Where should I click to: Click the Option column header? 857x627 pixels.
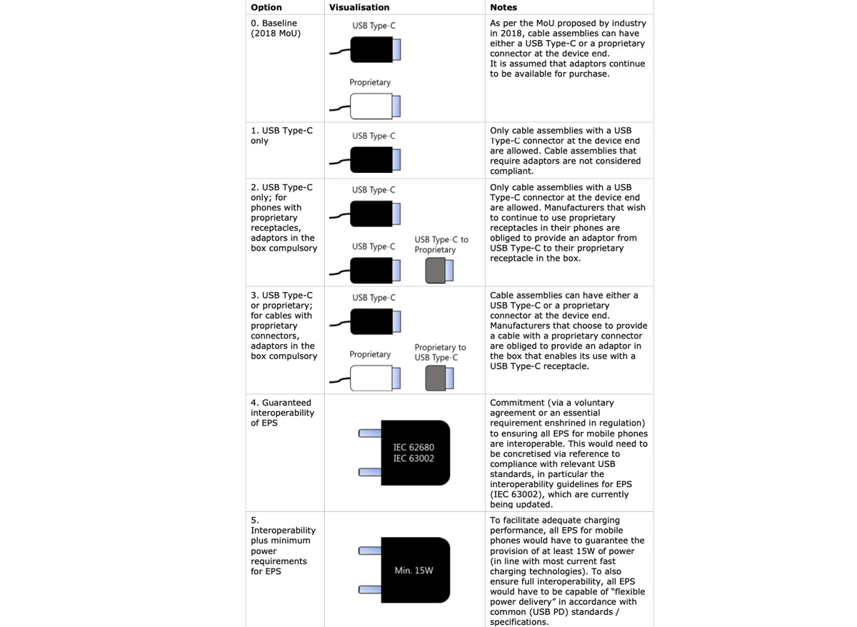pyautogui.click(x=266, y=7)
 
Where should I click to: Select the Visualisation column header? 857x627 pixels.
pyautogui.click(x=359, y=7)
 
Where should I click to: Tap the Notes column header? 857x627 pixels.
pyautogui.click(x=503, y=7)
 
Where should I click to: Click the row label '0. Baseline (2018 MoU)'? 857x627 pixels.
pyautogui.click(x=274, y=29)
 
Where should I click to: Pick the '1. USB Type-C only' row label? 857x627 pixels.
pyautogui.click(x=281, y=136)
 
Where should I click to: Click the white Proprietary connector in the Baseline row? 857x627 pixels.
pyautogui.click(x=371, y=106)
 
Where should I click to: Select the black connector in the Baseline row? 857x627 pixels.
pyautogui.click(x=371, y=50)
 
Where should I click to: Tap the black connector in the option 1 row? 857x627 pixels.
pyautogui.click(x=371, y=160)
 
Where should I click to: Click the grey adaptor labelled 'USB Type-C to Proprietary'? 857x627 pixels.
pyautogui.click(x=437, y=271)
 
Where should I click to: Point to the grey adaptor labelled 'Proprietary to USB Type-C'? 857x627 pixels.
pyautogui.click(x=437, y=378)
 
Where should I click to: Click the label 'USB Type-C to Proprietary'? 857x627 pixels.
pyautogui.click(x=441, y=244)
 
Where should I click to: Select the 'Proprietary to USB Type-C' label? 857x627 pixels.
pyautogui.click(x=440, y=352)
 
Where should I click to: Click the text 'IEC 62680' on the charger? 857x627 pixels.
pyautogui.click(x=414, y=448)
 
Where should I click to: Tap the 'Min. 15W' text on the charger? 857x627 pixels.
pyautogui.click(x=414, y=571)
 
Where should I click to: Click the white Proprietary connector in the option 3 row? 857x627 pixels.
pyautogui.click(x=371, y=378)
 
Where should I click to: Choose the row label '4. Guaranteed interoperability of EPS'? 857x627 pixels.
pyautogui.click(x=282, y=413)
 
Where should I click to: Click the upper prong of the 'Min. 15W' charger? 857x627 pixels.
pyautogui.click(x=370, y=551)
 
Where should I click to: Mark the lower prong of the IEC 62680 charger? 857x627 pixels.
pyautogui.click(x=370, y=472)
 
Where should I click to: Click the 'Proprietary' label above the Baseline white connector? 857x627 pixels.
pyautogui.click(x=370, y=82)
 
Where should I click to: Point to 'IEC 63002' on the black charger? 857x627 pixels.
pyautogui.click(x=414, y=458)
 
